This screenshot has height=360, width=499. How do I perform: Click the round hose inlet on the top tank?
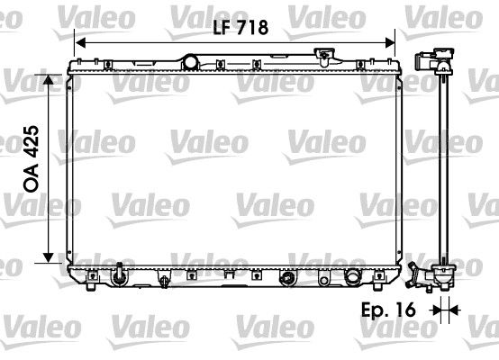tap(190, 61)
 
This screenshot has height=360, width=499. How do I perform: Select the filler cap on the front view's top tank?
tap(322, 57)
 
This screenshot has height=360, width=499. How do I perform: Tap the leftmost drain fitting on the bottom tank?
tap(119, 273)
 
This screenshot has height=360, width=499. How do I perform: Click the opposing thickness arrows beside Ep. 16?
tap(441, 310)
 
